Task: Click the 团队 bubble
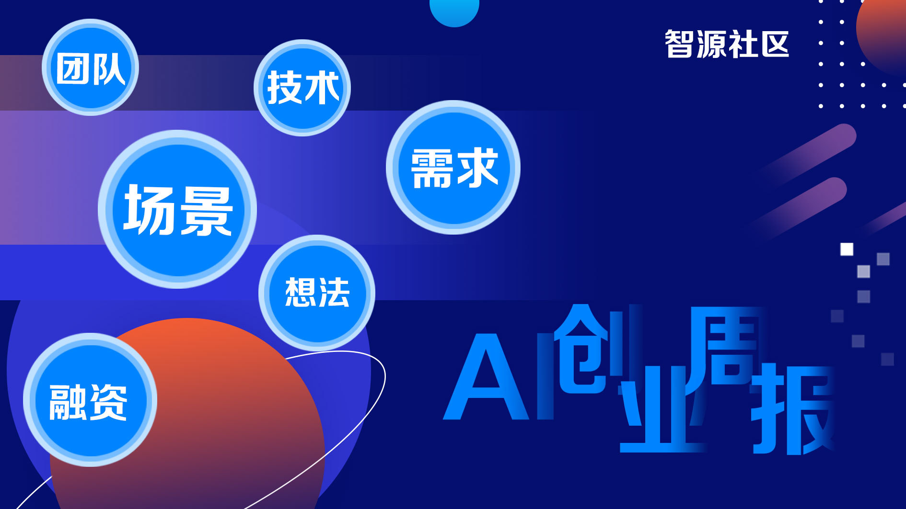tap(90, 67)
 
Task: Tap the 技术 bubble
tap(302, 88)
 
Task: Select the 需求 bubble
tap(453, 167)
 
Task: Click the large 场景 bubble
tap(177, 209)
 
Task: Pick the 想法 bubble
tap(317, 293)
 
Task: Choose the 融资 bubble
tap(90, 400)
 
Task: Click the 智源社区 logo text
tap(727, 44)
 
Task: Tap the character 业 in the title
tap(663, 409)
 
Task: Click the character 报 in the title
tap(793, 409)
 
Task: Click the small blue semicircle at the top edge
tap(454, 11)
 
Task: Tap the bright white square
tap(847, 249)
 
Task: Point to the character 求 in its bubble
tap(477, 168)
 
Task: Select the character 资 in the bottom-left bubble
tap(108, 402)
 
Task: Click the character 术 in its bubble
tap(322, 88)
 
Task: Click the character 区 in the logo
tap(775, 44)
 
